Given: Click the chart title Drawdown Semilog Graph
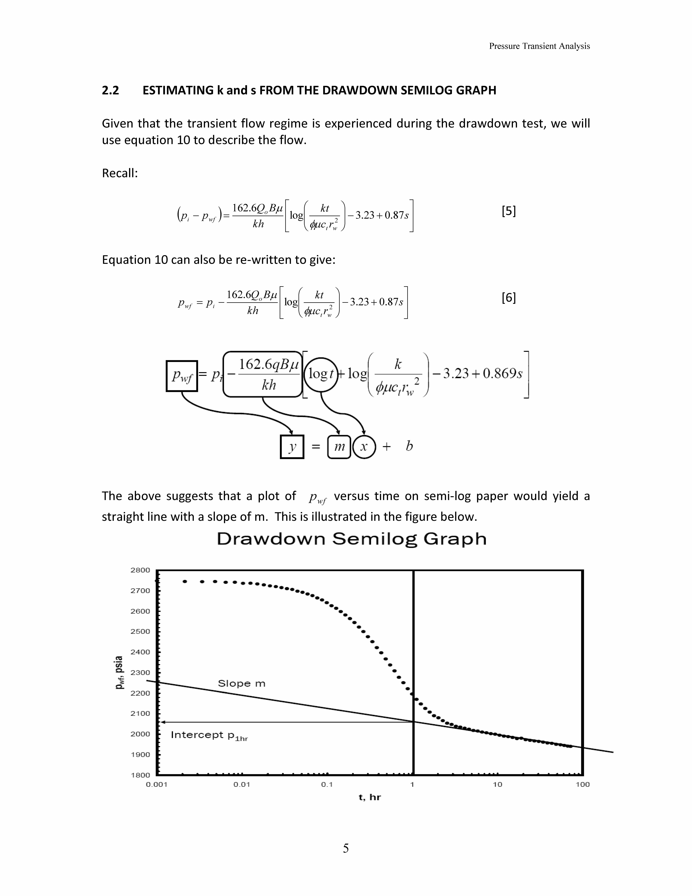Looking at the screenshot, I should [351, 539].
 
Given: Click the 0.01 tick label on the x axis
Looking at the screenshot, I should [241, 784].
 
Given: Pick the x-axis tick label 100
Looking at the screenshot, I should [582, 784].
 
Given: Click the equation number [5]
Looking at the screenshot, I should [508, 211].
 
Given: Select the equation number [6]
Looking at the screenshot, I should [508, 297].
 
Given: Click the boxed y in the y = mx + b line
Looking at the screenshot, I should [292, 446].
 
